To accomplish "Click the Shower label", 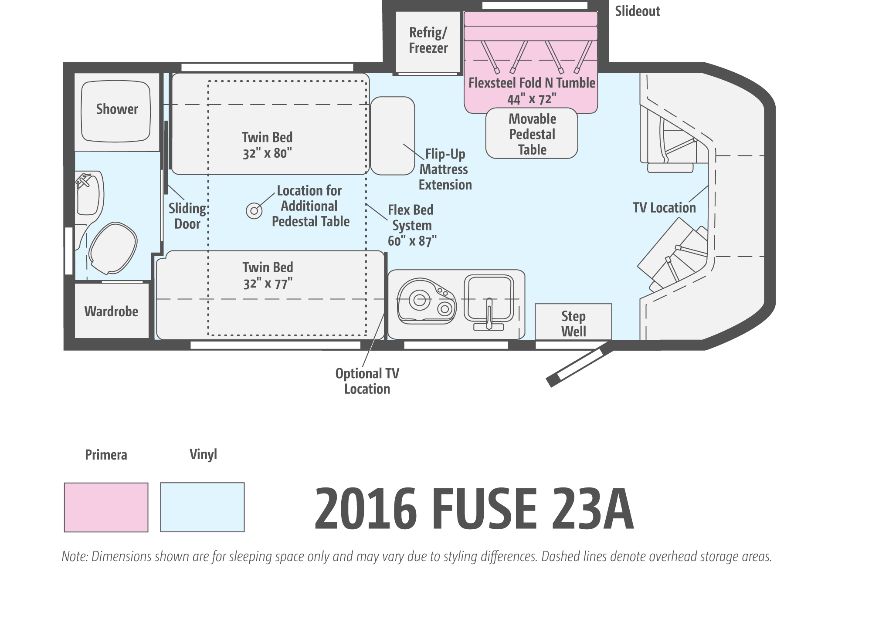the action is click(x=117, y=109).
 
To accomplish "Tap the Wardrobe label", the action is click(x=111, y=311).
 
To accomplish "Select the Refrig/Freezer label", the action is click(x=428, y=40).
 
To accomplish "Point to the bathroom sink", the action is click(x=89, y=194).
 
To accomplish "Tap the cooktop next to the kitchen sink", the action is click(x=427, y=301).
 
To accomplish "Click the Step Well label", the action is click(x=573, y=324).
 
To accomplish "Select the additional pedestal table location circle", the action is click(x=254, y=211).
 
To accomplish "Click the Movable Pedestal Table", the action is click(x=532, y=133).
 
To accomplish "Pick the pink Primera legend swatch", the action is click(x=106, y=507).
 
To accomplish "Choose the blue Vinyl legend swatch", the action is click(x=203, y=507).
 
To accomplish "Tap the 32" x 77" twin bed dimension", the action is click(x=268, y=284).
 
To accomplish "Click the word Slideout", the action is click(x=638, y=11).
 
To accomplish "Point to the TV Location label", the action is click(x=664, y=208).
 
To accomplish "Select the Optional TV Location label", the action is click(x=367, y=381).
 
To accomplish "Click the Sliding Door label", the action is click(x=187, y=216).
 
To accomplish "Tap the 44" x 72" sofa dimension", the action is click(x=532, y=99).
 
